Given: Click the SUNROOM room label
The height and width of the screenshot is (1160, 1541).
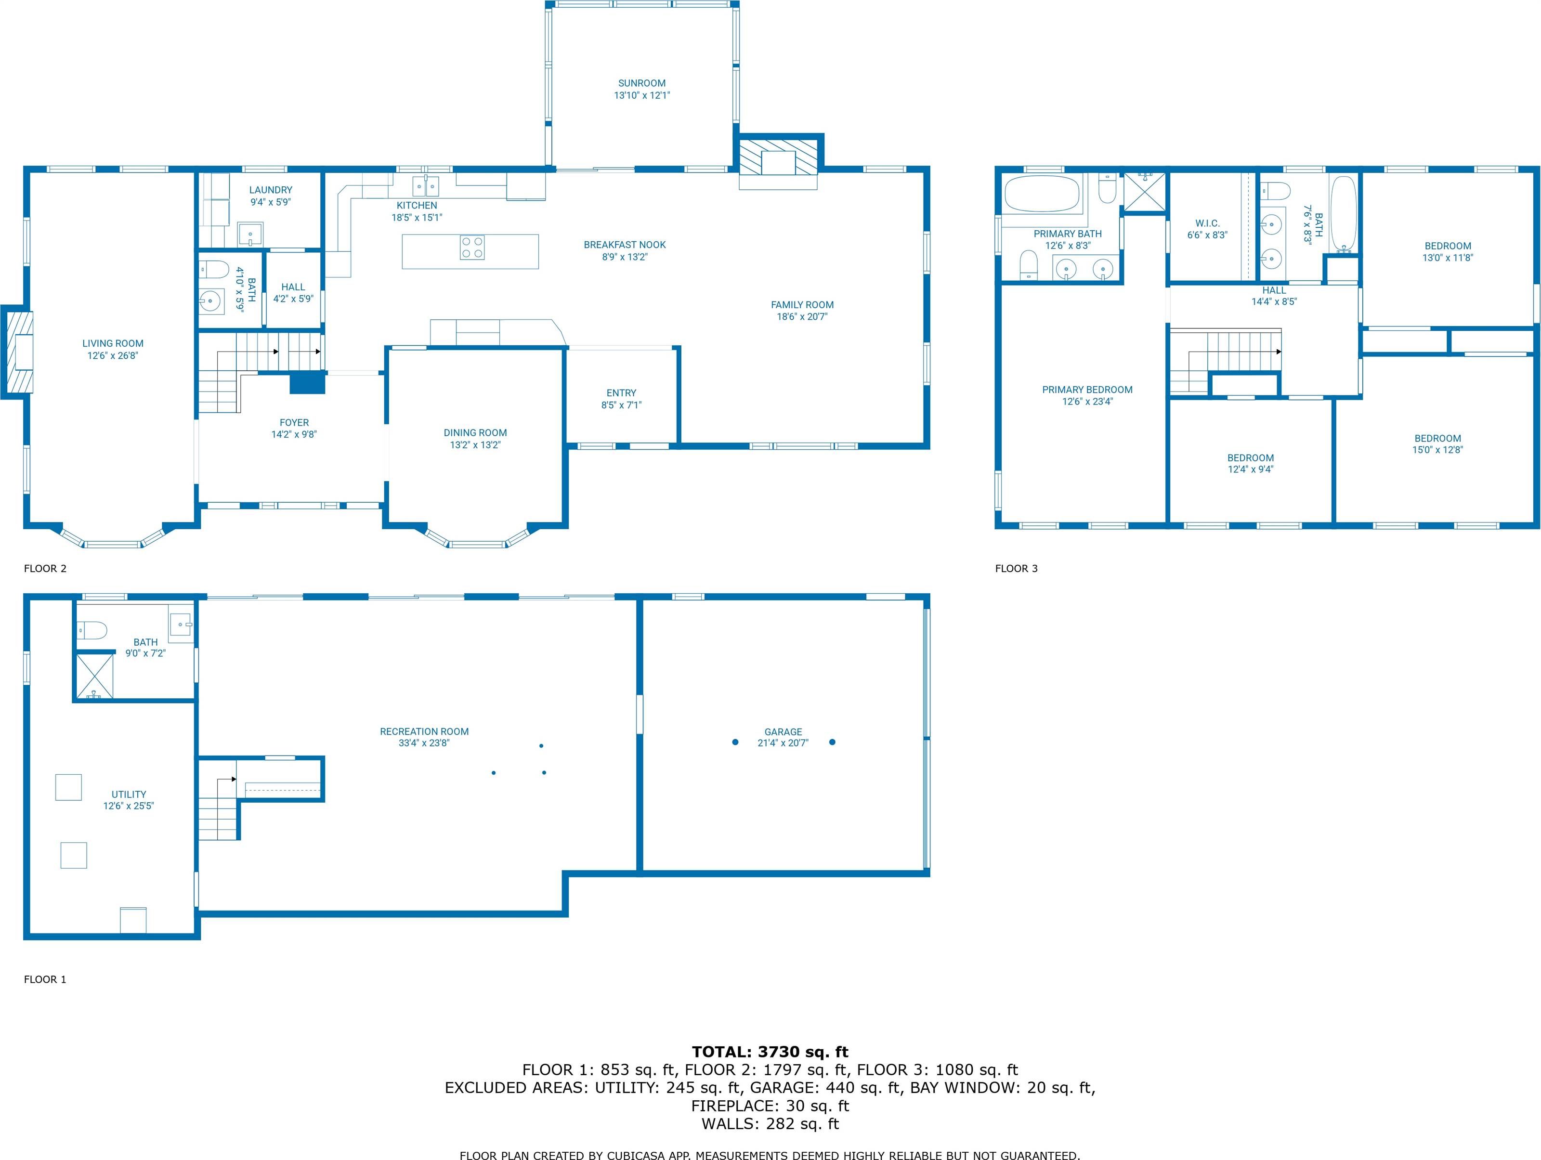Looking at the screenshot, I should (641, 83).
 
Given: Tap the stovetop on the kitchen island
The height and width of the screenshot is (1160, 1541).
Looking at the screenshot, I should (471, 248).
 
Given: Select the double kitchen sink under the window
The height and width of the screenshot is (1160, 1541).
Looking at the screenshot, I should (426, 186).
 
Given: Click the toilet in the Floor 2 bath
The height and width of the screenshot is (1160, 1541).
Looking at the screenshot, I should (213, 269).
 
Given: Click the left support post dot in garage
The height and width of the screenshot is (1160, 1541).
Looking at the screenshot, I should (735, 742).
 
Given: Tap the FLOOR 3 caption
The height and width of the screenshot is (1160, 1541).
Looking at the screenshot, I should (1016, 569).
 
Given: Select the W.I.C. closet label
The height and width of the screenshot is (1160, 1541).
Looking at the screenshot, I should (1207, 223).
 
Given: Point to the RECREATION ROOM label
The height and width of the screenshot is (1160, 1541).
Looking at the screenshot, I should (424, 731).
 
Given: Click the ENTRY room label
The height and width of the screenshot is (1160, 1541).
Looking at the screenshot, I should (621, 393).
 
